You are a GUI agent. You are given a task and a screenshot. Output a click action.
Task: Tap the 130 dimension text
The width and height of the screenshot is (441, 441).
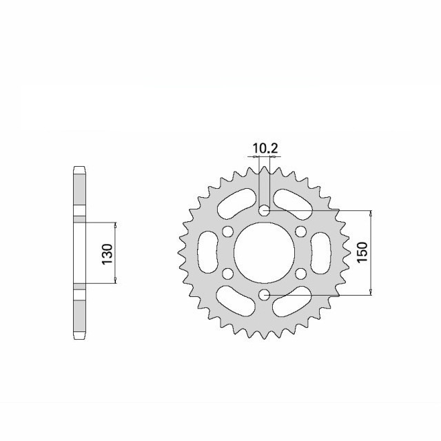point(107,253)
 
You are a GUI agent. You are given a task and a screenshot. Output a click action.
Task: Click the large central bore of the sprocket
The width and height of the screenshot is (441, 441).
point(263,252)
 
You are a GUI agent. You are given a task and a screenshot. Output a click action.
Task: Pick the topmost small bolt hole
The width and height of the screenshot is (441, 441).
point(263,210)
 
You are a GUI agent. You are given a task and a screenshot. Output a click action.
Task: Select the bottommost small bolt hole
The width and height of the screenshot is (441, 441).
point(263,295)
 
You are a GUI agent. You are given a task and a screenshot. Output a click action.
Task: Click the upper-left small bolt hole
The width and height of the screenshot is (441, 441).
point(227,232)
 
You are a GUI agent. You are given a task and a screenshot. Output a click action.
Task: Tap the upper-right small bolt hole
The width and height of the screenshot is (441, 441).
point(300,232)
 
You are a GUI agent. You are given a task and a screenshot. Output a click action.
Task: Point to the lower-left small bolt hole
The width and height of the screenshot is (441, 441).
point(227,274)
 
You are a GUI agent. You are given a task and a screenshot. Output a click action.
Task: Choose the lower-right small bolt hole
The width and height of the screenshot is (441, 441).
point(300,274)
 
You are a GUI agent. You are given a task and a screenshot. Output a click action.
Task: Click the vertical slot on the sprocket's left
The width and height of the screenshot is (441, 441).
point(207,252)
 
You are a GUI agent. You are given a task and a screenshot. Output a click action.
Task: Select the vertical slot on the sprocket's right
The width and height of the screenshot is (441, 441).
point(320,252)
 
